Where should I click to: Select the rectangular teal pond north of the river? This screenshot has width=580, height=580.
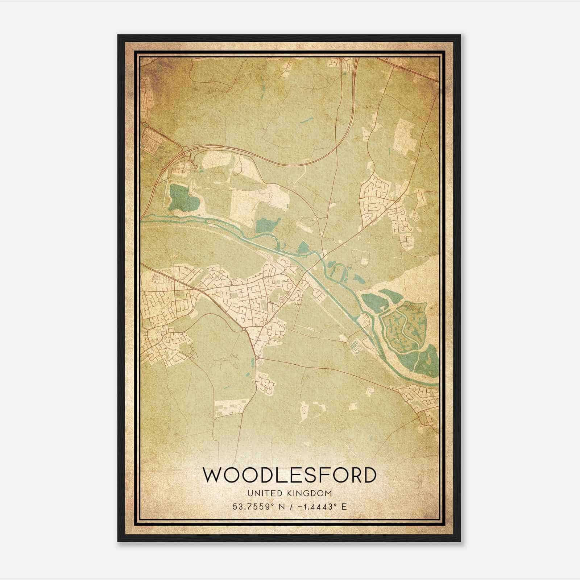pos(268,225)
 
